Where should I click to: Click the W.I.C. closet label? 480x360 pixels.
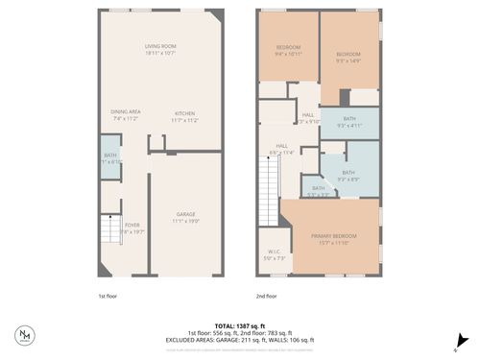[x=276, y=254]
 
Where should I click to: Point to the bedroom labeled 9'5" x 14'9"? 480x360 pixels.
[x=348, y=56]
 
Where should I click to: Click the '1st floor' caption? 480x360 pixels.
[x=109, y=297]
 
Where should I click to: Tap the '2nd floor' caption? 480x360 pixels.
[x=266, y=297]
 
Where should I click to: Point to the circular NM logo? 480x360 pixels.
[x=25, y=336]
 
